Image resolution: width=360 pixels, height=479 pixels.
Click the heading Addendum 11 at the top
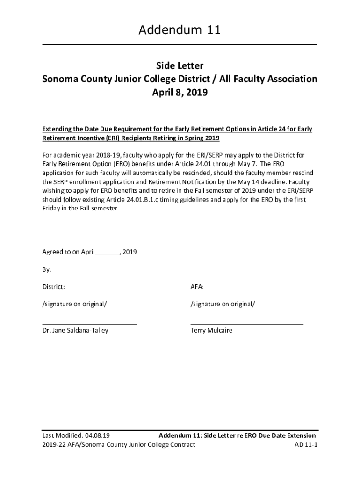point(180,31)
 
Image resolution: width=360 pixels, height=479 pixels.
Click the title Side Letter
point(180,66)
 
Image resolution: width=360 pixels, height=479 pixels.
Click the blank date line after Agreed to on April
point(108,252)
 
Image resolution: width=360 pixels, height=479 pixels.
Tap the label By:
point(47,270)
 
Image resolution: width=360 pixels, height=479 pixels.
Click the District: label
point(54,286)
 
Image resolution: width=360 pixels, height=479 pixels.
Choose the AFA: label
point(197,286)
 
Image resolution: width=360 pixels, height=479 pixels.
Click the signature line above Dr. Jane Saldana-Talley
point(90,324)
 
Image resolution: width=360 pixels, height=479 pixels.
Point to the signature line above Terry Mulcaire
point(247,324)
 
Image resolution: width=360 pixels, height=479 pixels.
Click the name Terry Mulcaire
point(211,330)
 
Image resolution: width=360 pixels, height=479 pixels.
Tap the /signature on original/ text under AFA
point(223,304)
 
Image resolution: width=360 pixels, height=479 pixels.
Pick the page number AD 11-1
point(306,444)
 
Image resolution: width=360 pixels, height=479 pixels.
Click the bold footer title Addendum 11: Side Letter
point(202,435)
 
